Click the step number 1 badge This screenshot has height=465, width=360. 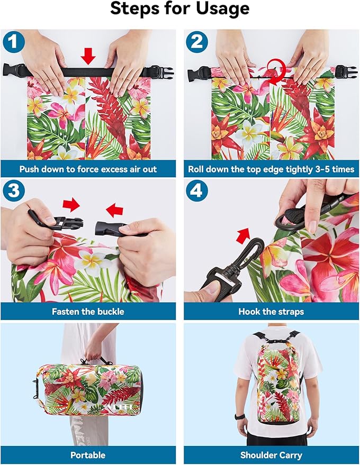pyautogui.click(x=13, y=42)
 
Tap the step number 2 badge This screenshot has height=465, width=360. pyautogui.click(x=197, y=42)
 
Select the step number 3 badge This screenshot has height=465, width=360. pyautogui.click(x=13, y=190)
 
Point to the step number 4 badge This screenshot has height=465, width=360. pyautogui.click(x=197, y=190)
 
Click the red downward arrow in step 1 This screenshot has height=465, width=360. pyautogui.click(x=88, y=56)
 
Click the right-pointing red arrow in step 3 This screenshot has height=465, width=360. pyautogui.click(x=71, y=205)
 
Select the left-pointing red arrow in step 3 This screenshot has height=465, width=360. pyautogui.click(x=114, y=210)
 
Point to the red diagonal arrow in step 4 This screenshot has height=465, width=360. pyautogui.click(x=243, y=235)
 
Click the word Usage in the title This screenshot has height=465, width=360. pyautogui.click(x=222, y=9)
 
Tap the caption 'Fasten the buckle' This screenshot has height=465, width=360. pyautogui.click(x=88, y=312)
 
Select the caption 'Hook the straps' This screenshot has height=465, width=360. pyautogui.click(x=271, y=312)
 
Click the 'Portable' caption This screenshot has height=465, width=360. pyautogui.click(x=88, y=455)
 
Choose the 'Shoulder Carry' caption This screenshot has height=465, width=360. pyautogui.click(x=271, y=455)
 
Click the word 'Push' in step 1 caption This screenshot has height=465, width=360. pyautogui.click(x=29, y=169)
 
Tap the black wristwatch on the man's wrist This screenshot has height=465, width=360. pyautogui.click(x=240, y=416)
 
